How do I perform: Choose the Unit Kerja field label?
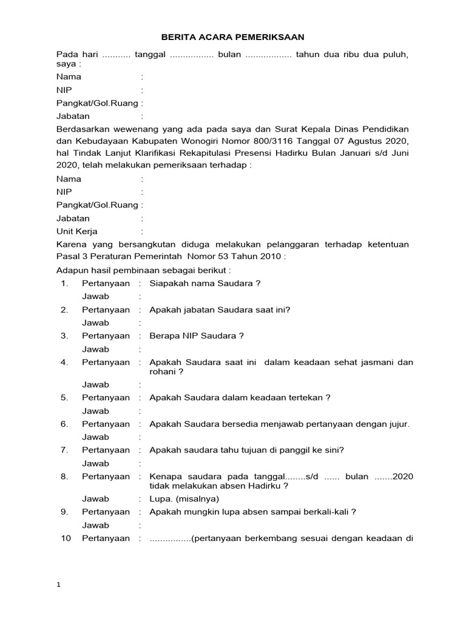77,231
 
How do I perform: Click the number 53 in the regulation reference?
218,256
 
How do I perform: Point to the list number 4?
64,362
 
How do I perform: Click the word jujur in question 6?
399,424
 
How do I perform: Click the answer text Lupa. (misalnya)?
184,498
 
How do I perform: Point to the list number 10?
66,538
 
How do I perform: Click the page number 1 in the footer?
58,585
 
